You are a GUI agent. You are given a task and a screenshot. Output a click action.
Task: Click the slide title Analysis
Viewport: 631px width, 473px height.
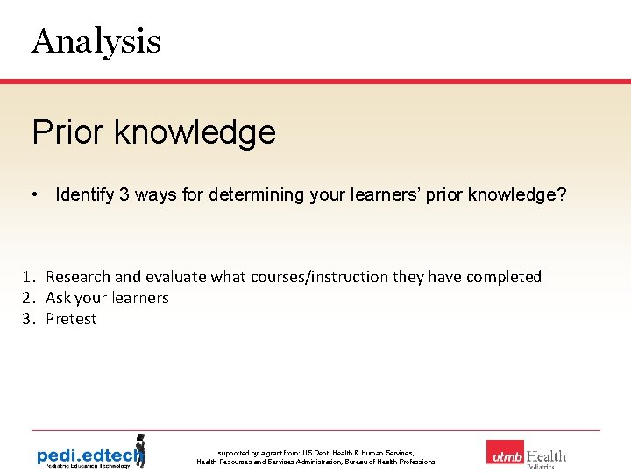96,41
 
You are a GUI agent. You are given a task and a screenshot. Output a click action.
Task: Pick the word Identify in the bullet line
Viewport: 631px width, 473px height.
85,194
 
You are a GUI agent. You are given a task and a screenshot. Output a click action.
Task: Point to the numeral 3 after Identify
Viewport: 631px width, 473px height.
125,194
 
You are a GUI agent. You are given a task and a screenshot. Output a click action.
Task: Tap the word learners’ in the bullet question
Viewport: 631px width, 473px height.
378,194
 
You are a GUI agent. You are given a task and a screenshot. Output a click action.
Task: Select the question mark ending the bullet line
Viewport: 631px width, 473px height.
562,194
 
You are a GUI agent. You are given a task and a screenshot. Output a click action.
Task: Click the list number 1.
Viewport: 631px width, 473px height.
28,277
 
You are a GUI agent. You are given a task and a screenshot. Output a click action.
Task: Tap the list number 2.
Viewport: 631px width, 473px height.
28,298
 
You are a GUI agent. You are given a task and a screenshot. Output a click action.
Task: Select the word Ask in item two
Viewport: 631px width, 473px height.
58,298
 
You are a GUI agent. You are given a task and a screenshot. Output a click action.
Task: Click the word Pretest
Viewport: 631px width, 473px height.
71,319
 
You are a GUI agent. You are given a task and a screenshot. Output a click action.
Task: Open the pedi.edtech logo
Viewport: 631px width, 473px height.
90,454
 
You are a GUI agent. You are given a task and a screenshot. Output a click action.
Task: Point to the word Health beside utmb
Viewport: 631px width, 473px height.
546,455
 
